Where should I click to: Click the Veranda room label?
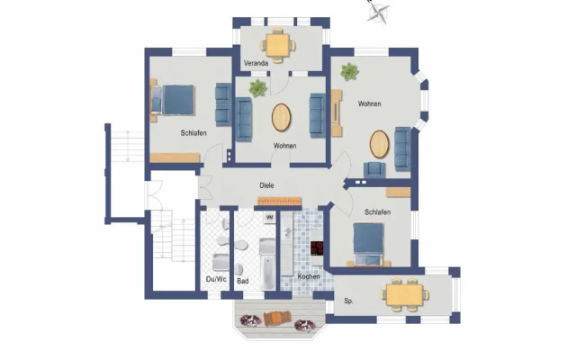click(x=256, y=63)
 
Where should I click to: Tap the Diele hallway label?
click(x=266, y=185)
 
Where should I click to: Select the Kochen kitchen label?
click(x=309, y=276)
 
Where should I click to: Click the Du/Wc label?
click(x=216, y=280)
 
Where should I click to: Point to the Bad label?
click(x=243, y=281)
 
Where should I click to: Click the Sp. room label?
click(x=348, y=301)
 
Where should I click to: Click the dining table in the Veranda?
click(x=278, y=45)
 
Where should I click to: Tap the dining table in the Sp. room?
click(x=405, y=294)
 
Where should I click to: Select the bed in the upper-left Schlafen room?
click(x=172, y=100)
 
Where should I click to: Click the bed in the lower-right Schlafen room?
click(x=368, y=244)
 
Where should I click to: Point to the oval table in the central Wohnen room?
click(x=282, y=118)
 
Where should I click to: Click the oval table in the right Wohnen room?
click(x=380, y=144)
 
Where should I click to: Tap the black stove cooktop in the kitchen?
click(x=317, y=248)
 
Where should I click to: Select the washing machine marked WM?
click(x=269, y=218)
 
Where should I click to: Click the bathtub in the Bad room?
click(x=267, y=264)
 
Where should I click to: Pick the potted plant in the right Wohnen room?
click(x=349, y=72)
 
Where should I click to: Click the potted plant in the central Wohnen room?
click(x=258, y=88)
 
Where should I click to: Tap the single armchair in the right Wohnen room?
click(x=374, y=170)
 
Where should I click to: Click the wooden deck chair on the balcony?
click(x=277, y=318)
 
